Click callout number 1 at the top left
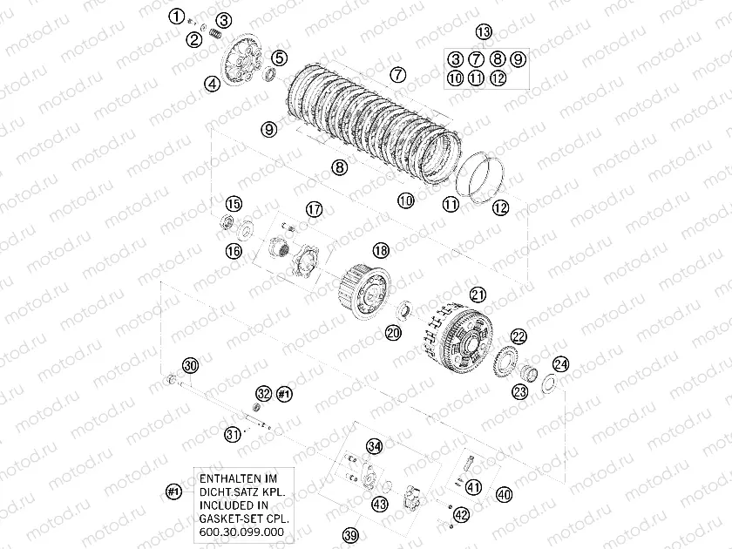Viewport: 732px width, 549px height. click(x=176, y=17)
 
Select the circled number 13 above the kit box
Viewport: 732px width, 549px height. click(x=484, y=31)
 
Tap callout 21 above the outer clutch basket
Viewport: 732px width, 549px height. click(x=478, y=295)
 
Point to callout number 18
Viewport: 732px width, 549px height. click(x=381, y=251)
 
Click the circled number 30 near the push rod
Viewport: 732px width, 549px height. click(x=190, y=365)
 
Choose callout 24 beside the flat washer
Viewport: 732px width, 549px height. click(x=560, y=364)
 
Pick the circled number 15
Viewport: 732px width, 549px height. click(x=234, y=204)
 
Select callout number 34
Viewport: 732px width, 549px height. click(x=374, y=446)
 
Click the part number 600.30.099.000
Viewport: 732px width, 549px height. click(x=241, y=532)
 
